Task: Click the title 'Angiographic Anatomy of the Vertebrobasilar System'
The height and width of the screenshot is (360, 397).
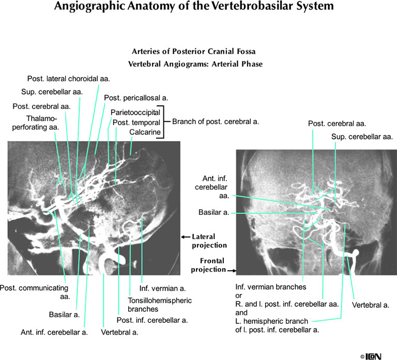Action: [198, 7]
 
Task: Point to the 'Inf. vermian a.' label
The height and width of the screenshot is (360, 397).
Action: [161, 289]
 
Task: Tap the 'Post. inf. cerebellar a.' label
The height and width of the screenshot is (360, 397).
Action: [152, 320]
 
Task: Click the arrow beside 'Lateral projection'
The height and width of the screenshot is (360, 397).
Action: [185, 237]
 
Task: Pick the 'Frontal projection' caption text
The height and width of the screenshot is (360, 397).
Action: [209, 265]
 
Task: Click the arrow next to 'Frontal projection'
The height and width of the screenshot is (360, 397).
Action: [232, 270]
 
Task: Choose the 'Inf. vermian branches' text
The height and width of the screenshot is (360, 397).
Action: [271, 287]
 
